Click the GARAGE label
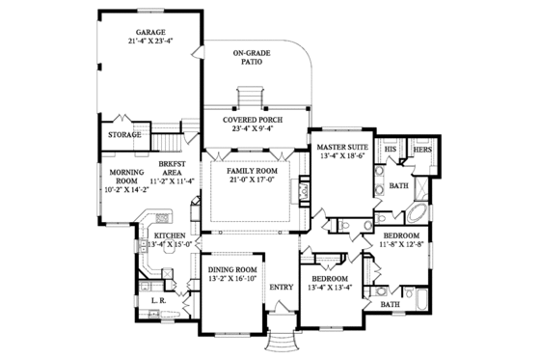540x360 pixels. point(148,32)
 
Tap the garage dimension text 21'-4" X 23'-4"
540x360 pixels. point(148,42)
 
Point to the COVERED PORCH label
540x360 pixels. point(254,120)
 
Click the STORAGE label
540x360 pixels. point(124,134)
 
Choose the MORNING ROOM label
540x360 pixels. point(121,174)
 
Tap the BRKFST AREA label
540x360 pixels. point(171,165)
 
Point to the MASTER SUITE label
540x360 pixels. point(340,147)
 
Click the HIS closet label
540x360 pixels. point(391,151)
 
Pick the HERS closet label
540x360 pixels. point(420,151)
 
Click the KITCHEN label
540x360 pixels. point(170,235)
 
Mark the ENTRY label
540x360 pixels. point(282,287)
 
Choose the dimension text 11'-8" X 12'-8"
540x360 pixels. point(400,247)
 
